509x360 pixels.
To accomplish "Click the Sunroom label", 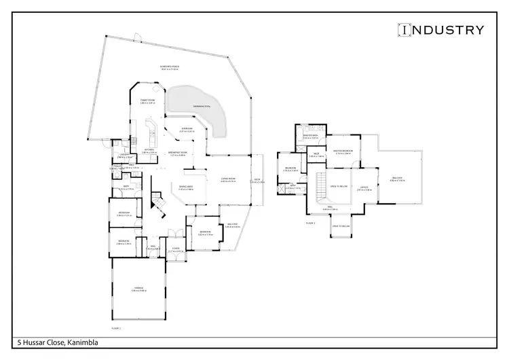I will point(187,130).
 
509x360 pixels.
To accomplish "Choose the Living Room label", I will point(228,180).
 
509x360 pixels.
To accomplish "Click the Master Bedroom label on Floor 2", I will point(342,151).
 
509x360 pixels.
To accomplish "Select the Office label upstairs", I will point(364,188).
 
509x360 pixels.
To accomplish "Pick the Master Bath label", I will point(310,137).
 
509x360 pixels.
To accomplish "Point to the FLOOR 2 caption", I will point(311,222).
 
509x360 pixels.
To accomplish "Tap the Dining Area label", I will point(186,188).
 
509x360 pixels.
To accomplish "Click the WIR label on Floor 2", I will point(316,155).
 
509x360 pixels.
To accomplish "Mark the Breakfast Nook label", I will point(178,154).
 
